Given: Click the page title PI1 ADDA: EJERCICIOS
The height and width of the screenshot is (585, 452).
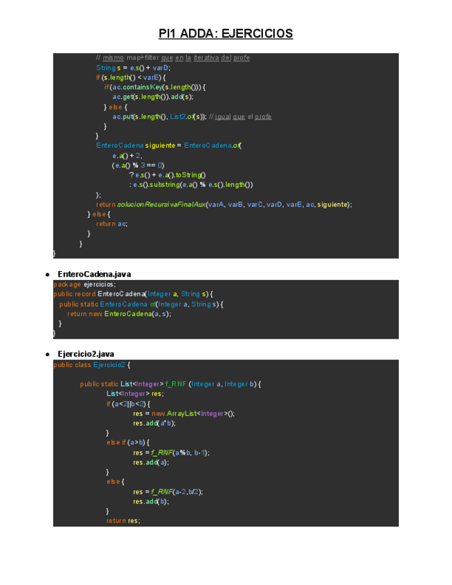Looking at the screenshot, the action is point(226,33).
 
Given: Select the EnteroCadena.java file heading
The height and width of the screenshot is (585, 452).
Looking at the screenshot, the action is point(94,275).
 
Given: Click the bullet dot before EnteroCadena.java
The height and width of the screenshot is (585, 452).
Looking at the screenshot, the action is point(46,275).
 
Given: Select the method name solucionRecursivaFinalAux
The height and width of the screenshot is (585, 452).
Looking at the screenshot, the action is point(161,204).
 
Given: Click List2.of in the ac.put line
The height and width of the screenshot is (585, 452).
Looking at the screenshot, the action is point(181,117).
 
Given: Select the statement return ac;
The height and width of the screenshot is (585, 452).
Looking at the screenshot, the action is point(112,224).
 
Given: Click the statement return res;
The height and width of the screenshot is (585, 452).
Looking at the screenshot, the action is point(123,521).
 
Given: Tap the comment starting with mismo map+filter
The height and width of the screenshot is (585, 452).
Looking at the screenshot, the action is point(173,57).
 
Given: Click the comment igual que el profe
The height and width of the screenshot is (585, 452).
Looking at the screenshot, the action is point(242,117).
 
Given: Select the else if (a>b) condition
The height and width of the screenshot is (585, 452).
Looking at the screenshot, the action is point(128,442).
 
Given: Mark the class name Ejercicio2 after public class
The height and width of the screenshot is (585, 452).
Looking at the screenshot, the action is point(109,365).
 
